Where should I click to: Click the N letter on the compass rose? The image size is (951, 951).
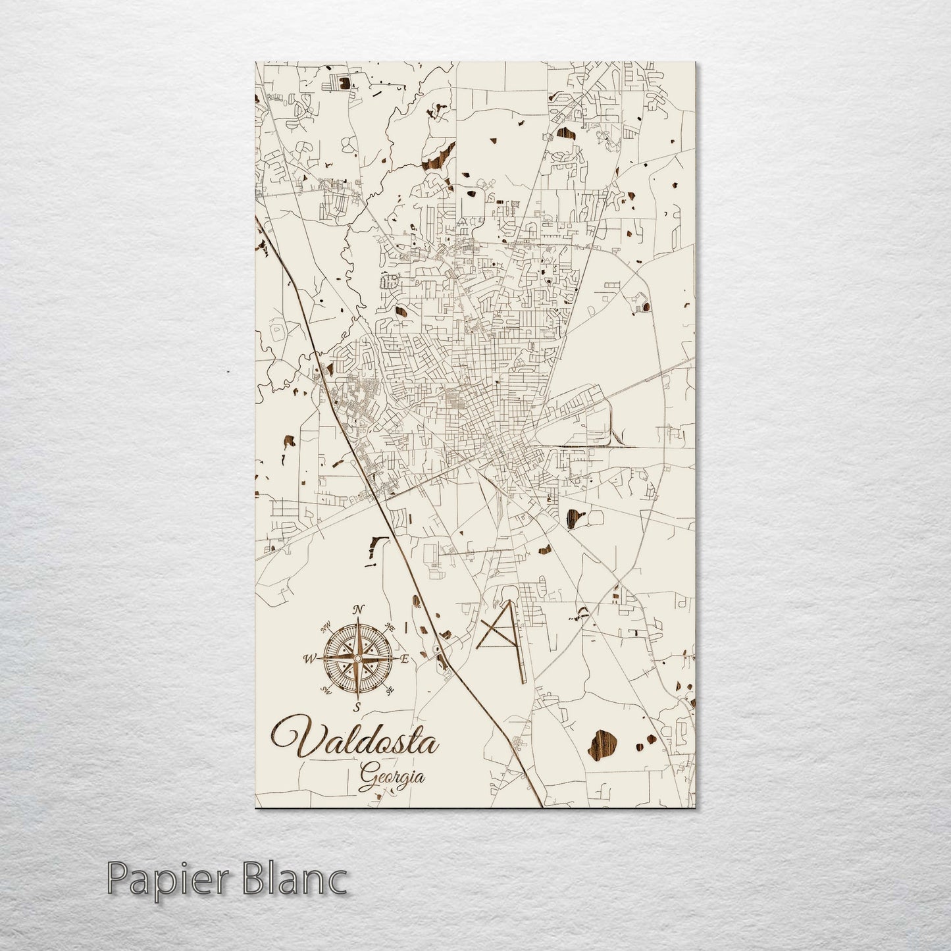coord(358,609)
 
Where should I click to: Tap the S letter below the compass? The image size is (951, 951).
coord(357,707)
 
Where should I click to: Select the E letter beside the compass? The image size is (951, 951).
coord(405,659)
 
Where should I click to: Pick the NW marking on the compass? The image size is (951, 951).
coord(325,627)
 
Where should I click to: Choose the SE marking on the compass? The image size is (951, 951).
coord(390,690)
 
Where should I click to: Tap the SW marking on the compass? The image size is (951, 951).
coord(325,690)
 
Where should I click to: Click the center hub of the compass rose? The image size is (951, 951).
coord(357,658)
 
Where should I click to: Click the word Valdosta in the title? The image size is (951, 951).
coord(355,744)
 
